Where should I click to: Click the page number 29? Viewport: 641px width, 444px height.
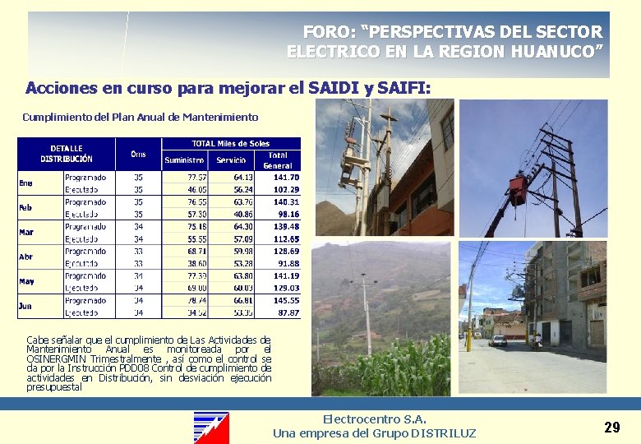[x=611, y=427]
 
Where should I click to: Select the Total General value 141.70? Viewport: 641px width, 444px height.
[x=287, y=177]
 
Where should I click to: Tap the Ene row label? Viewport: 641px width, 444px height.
[x=26, y=183]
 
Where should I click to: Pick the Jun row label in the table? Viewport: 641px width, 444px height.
[x=25, y=306]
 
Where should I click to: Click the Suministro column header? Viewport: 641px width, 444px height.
[x=185, y=160]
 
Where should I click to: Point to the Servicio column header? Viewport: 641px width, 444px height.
[x=231, y=160]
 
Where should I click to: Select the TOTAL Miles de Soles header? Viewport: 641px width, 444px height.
[x=230, y=144]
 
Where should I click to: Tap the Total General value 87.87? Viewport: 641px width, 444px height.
[x=287, y=312]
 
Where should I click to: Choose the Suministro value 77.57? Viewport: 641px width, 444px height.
[x=196, y=177]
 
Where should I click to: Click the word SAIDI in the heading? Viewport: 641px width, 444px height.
[x=332, y=87]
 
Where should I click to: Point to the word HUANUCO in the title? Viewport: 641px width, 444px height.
[x=557, y=51]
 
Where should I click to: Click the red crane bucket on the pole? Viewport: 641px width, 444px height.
[x=518, y=189]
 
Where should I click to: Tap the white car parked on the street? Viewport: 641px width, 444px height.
[x=498, y=340]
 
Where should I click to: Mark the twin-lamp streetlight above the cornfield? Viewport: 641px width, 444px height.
[x=364, y=282]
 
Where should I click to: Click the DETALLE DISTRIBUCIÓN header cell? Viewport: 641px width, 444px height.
[x=67, y=154]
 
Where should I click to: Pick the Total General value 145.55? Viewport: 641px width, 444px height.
[x=287, y=300]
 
